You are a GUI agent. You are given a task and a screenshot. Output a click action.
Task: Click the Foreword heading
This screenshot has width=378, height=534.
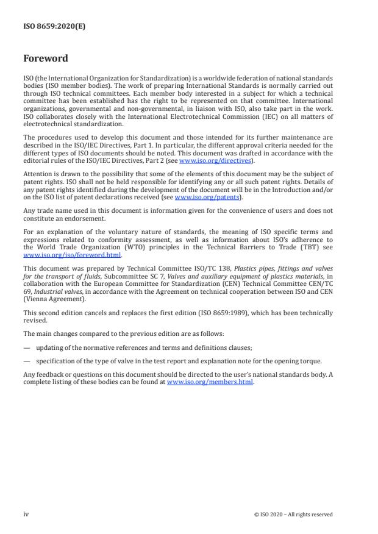[46, 59]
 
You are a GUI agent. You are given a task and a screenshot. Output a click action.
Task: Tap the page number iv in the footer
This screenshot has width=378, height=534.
[26, 514]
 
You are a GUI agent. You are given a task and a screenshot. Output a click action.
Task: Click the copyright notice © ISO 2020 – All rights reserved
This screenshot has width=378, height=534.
[293, 514]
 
